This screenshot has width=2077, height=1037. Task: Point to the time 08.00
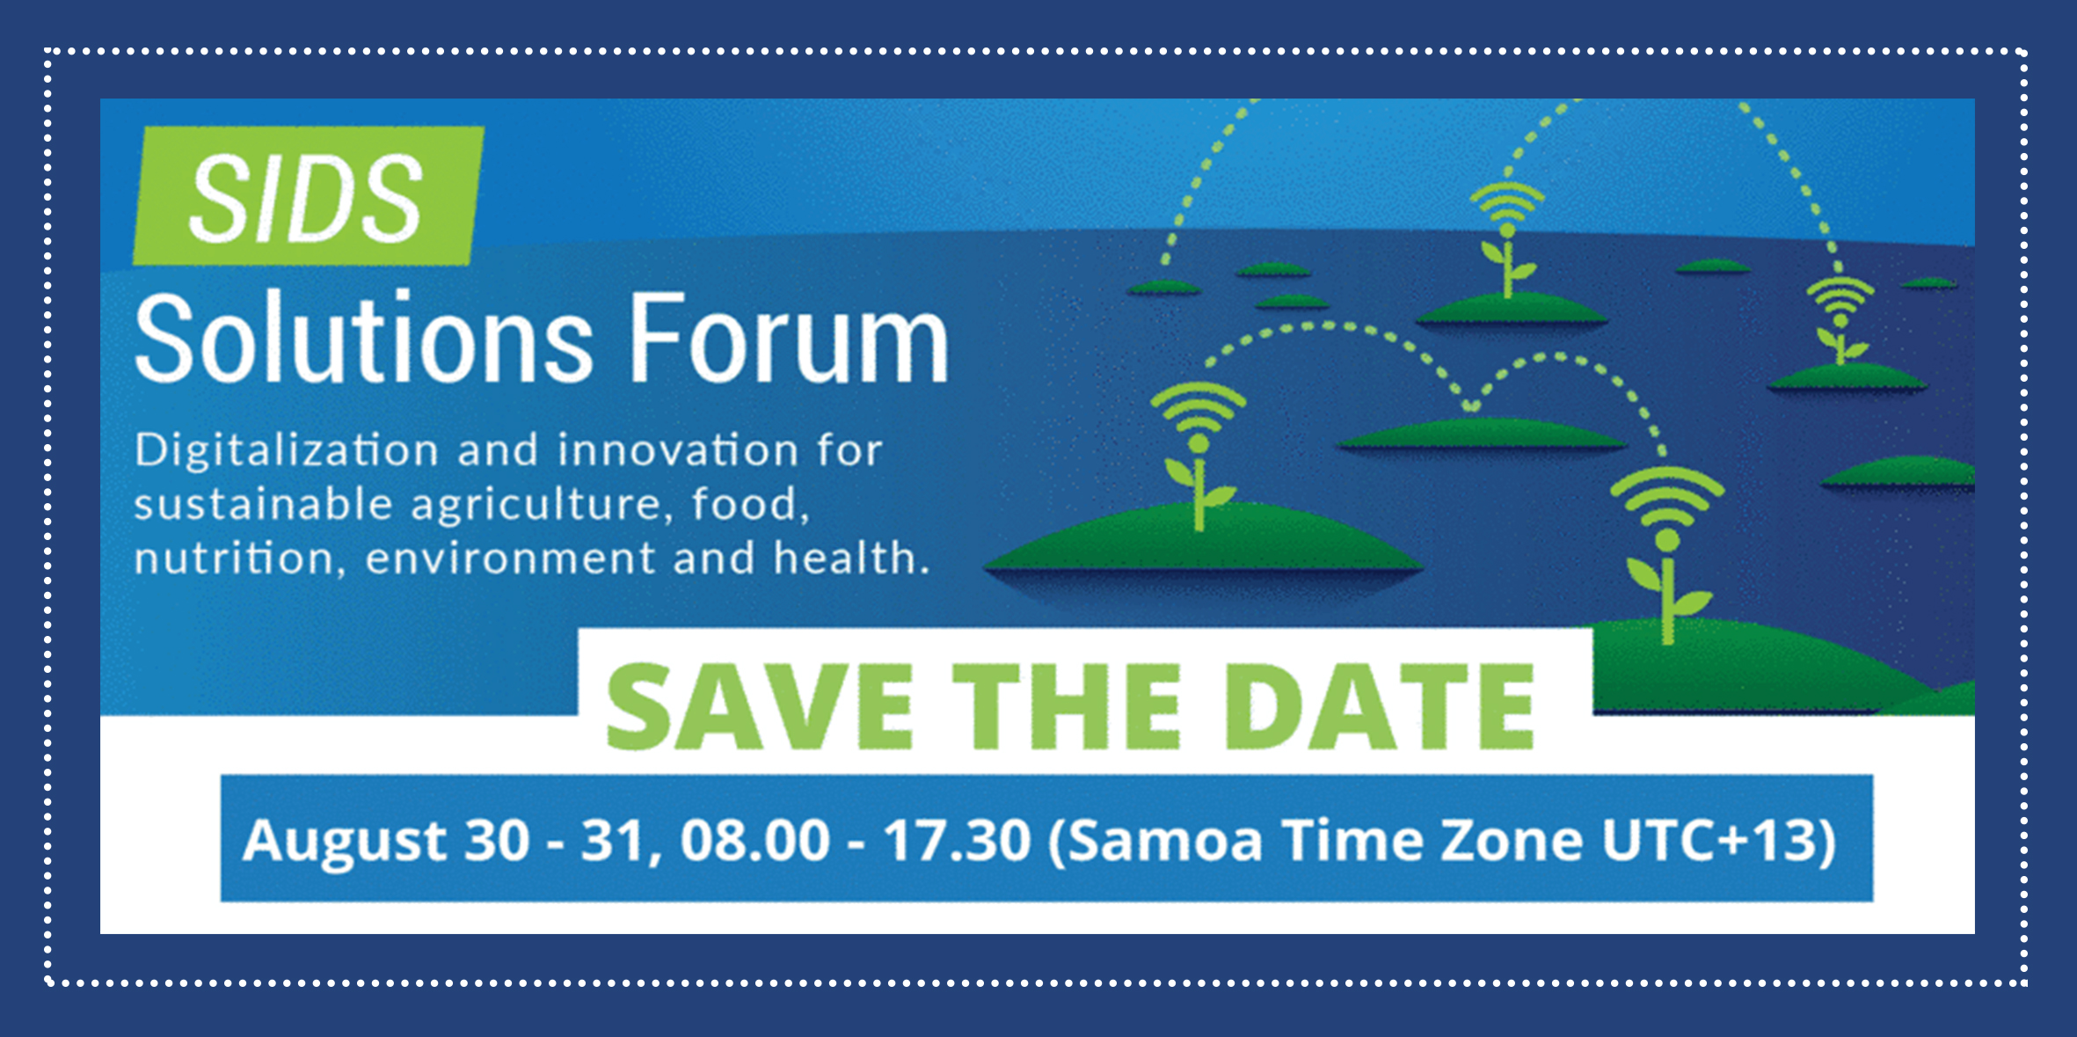click(x=755, y=840)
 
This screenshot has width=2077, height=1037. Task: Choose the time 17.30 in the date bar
click(x=958, y=840)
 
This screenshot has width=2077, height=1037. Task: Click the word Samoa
click(x=1165, y=841)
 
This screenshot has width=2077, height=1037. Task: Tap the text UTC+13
click(x=1709, y=840)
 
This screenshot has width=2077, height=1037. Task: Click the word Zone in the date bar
click(x=1511, y=841)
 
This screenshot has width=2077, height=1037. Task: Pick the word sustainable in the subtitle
click(x=263, y=505)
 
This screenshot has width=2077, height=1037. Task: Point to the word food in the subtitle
click(x=745, y=504)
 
